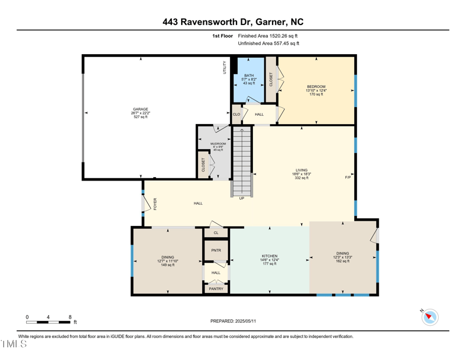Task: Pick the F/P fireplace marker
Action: (348, 177)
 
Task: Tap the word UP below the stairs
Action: (241, 199)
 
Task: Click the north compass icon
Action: (430, 317)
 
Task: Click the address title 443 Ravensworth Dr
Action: (233, 22)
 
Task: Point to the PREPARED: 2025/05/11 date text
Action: (233, 321)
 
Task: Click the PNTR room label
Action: (216, 250)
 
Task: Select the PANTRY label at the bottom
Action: (216, 288)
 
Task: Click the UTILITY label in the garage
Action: (224, 68)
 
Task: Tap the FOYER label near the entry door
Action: (156, 203)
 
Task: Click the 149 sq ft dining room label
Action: (168, 264)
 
